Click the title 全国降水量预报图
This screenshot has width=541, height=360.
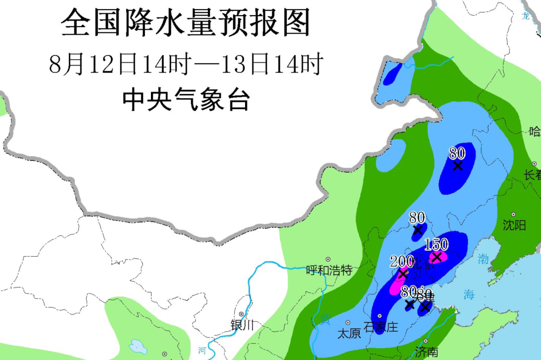(x=186, y=23)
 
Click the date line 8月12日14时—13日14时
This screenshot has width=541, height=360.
(x=186, y=65)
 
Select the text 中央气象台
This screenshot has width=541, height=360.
(x=186, y=100)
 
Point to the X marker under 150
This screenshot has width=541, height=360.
(x=437, y=257)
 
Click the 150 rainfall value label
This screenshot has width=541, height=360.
(x=436, y=245)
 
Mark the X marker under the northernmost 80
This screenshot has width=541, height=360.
(x=458, y=166)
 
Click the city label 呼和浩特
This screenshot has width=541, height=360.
(x=328, y=270)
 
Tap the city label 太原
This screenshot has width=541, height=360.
(x=349, y=334)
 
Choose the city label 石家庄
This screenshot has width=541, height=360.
(x=381, y=327)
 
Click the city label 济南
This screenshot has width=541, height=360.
(x=427, y=352)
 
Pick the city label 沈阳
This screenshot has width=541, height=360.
(x=514, y=225)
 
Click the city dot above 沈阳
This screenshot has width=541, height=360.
(x=513, y=214)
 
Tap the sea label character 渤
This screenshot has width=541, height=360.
(x=483, y=259)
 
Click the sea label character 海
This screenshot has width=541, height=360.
(x=469, y=295)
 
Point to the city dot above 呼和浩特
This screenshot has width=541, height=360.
(x=328, y=260)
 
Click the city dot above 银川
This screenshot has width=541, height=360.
(x=242, y=315)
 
